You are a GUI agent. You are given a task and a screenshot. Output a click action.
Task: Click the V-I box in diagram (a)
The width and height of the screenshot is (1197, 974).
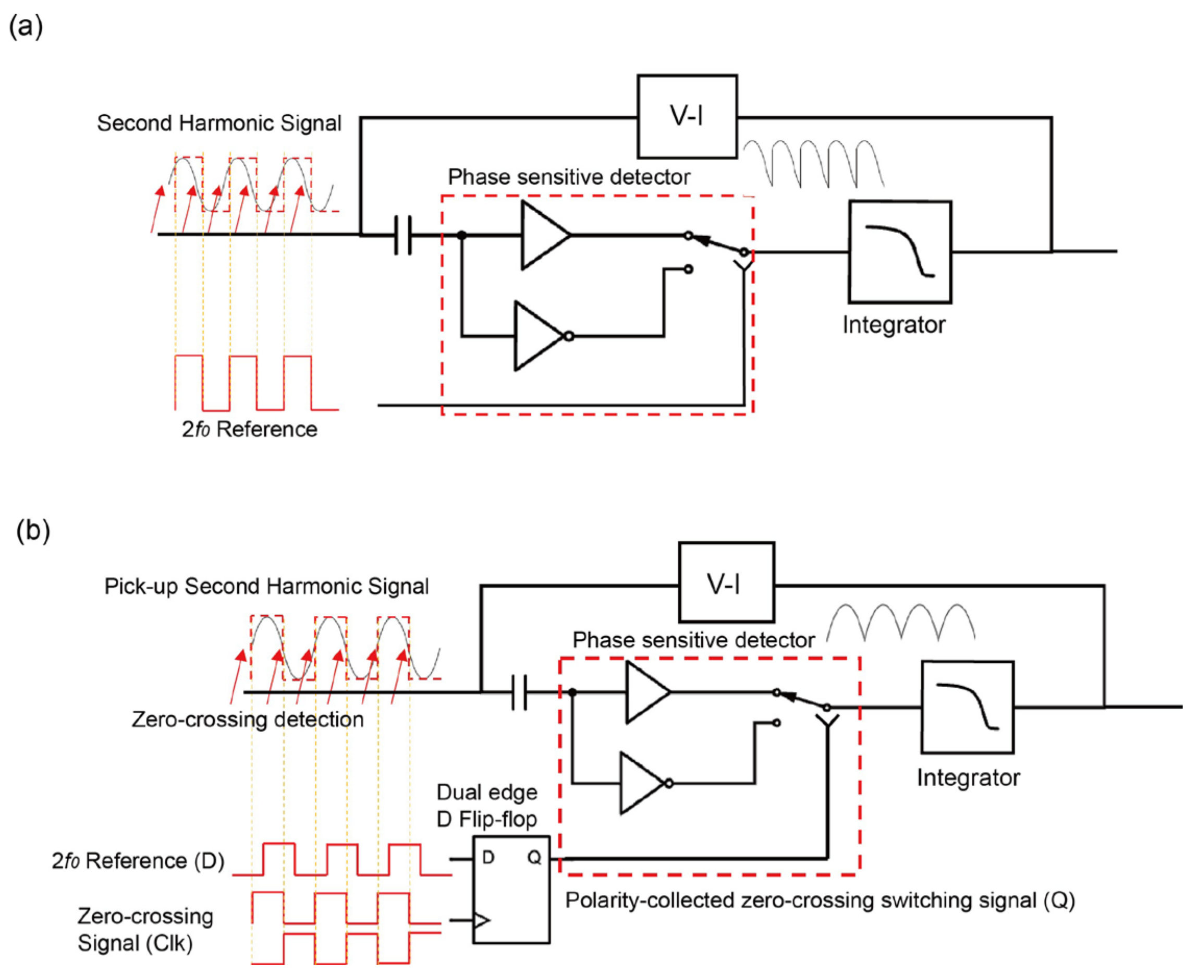(x=687, y=116)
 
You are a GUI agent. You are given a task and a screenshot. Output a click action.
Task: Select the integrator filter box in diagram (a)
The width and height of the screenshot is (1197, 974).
(x=899, y=252)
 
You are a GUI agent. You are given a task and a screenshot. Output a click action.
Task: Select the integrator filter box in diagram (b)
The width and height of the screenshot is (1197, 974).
(x=967, y=707)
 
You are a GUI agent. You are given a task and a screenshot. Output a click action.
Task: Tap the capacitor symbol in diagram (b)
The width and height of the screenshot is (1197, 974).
(x=519, y=692)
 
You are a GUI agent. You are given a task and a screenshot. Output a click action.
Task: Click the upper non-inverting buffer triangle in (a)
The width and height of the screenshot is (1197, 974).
(x=541, y=235)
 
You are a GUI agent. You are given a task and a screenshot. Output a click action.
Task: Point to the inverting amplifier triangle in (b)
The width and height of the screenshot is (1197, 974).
(x=641, y=783)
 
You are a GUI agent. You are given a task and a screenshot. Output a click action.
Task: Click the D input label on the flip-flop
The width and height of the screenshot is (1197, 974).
(x=487, y=857)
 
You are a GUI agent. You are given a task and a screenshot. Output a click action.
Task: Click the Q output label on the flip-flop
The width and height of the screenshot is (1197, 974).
(x=533, y=857)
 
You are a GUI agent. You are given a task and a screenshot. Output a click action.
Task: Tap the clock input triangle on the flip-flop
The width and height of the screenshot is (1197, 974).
(x=481, y=920)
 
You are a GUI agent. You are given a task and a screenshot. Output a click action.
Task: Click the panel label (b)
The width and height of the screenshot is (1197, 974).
(x=33, y=530)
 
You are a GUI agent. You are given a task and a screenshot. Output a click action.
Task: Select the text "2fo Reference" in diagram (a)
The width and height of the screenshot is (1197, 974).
(x=249, y=429)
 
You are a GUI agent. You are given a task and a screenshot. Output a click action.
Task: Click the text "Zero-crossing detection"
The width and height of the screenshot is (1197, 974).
(x=247, y=719)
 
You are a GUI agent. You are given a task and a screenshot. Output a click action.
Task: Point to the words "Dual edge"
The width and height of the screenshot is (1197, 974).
(x=486, y=792)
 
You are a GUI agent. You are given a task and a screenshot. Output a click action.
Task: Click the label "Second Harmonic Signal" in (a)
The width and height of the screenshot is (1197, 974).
(x=219, y=123)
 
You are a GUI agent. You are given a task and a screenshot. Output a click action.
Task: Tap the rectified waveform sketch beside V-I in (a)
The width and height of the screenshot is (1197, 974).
(x=813, y=163)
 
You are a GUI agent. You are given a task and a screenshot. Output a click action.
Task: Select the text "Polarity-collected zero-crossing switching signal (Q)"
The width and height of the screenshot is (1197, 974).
(x=820, y=900)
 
